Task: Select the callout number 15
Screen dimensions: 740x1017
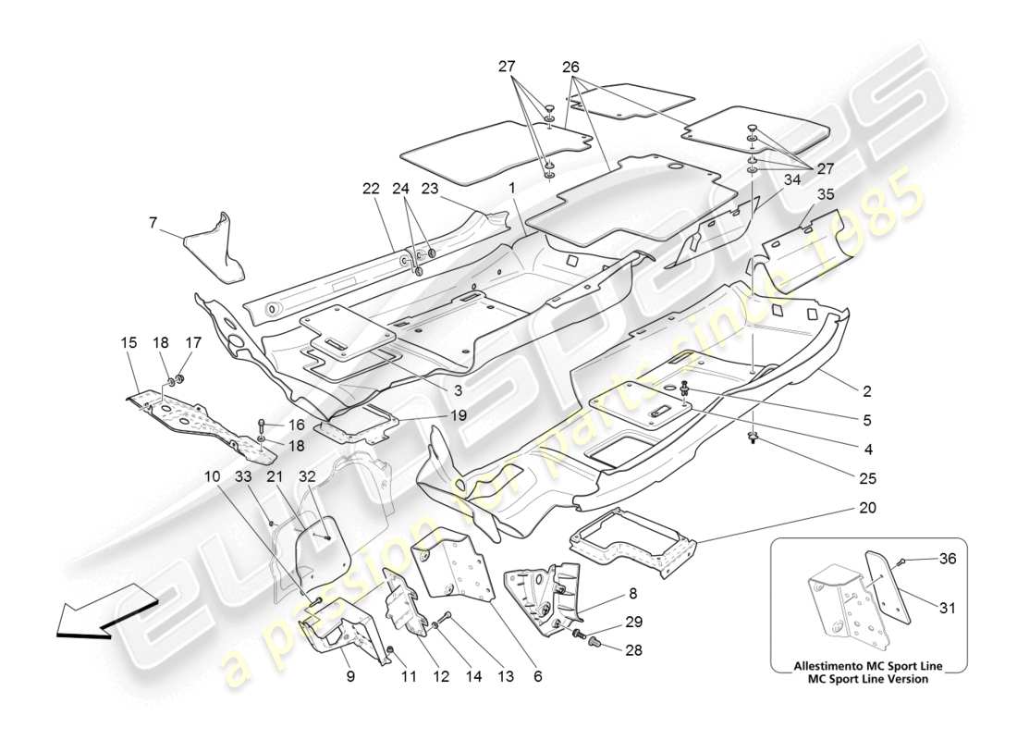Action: pos(128,342)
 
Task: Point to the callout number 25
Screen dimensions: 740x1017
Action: pos(867,478)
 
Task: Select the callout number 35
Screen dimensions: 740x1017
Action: pos(826,194)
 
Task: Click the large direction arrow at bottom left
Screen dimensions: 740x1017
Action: pos(99,615)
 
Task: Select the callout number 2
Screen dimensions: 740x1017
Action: pos(867,390)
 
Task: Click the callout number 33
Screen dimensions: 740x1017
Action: pos(242,476)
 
